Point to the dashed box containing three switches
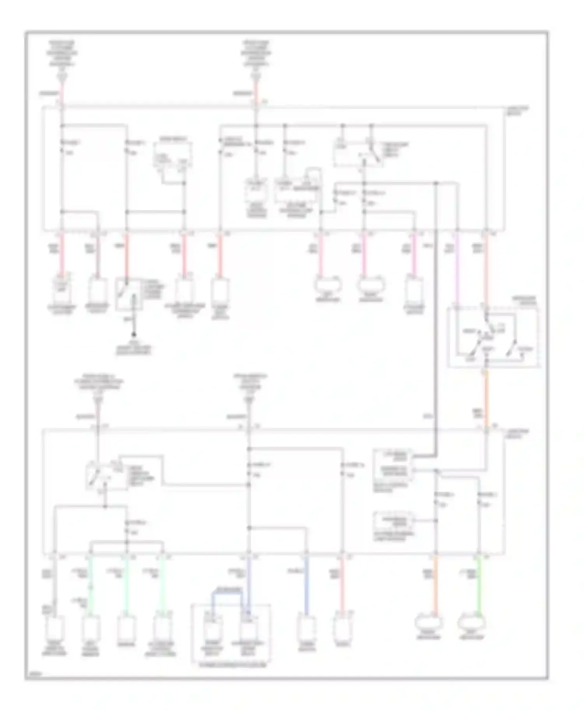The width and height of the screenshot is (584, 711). click(x=493, y=336)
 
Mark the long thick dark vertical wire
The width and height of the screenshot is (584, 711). click(x=436, y=311)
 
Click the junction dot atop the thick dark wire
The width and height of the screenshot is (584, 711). click(x=436, y=183)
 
